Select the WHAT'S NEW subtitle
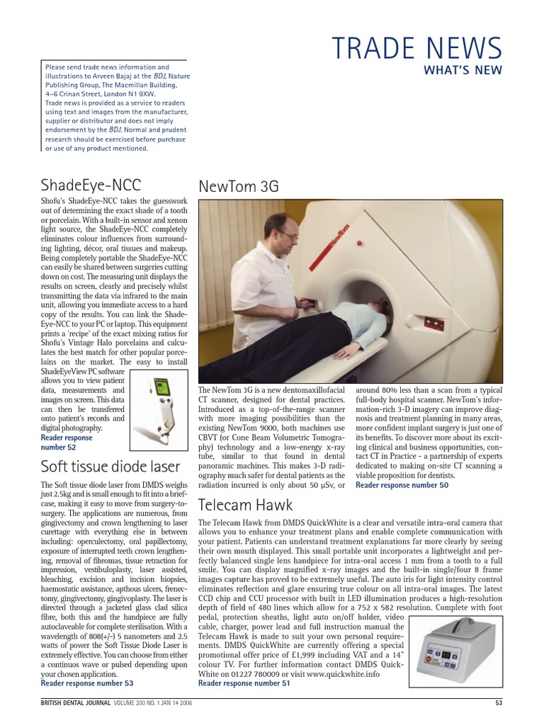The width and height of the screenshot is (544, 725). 463,69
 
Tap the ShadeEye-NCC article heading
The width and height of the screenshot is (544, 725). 91,185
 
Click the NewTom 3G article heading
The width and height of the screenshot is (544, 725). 239,186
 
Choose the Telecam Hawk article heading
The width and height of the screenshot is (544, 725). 244,504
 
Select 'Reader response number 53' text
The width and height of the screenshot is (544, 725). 87,683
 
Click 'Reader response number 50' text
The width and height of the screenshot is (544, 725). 402,485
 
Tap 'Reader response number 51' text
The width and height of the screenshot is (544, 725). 244,683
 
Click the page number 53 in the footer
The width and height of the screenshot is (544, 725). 499,702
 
